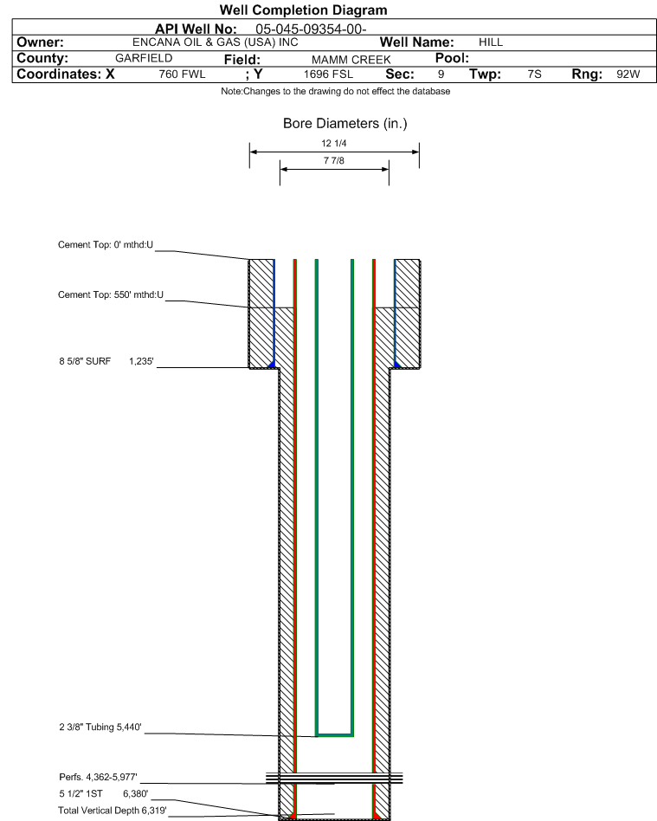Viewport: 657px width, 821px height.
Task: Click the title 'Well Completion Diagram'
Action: click(x=303, y=10)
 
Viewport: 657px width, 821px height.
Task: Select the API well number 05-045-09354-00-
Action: click(x=311, y=29)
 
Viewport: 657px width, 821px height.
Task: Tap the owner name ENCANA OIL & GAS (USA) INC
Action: click(x=216, y=42)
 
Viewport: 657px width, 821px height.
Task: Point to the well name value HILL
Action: click(x=491, y=42)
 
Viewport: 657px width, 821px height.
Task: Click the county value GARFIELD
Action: click(x=144, y=58)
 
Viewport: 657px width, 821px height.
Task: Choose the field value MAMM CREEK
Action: click(x=351, y=60)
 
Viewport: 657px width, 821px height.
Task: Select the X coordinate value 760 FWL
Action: click(x=182, y=74)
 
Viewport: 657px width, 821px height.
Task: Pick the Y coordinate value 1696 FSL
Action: click(x=328, y=74)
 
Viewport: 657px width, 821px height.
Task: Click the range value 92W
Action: click(x=628, y=74)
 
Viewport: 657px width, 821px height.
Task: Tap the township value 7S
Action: click(x=534, y=74)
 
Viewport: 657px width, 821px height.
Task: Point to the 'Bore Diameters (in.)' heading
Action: click(x=345, y=124)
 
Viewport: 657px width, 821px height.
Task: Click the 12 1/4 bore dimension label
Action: click(x=334, y=144)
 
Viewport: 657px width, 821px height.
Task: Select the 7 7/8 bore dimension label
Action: click(x=334, y=161)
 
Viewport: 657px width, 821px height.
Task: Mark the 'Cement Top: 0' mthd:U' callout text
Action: click(x=106, y=245)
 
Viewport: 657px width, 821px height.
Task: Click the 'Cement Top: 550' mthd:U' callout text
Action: click(x=111, y=294)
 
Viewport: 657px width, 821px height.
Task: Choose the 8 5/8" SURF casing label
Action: click(x=85, y=361)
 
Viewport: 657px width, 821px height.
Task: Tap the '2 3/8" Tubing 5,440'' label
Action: click(x=100, y=727)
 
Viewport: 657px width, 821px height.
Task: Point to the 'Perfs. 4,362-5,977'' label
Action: click(x=98, y=777)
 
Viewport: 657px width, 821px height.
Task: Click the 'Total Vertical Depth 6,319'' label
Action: click(x=112, y=811)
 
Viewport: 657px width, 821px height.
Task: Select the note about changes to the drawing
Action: click(x=336, y=91)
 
